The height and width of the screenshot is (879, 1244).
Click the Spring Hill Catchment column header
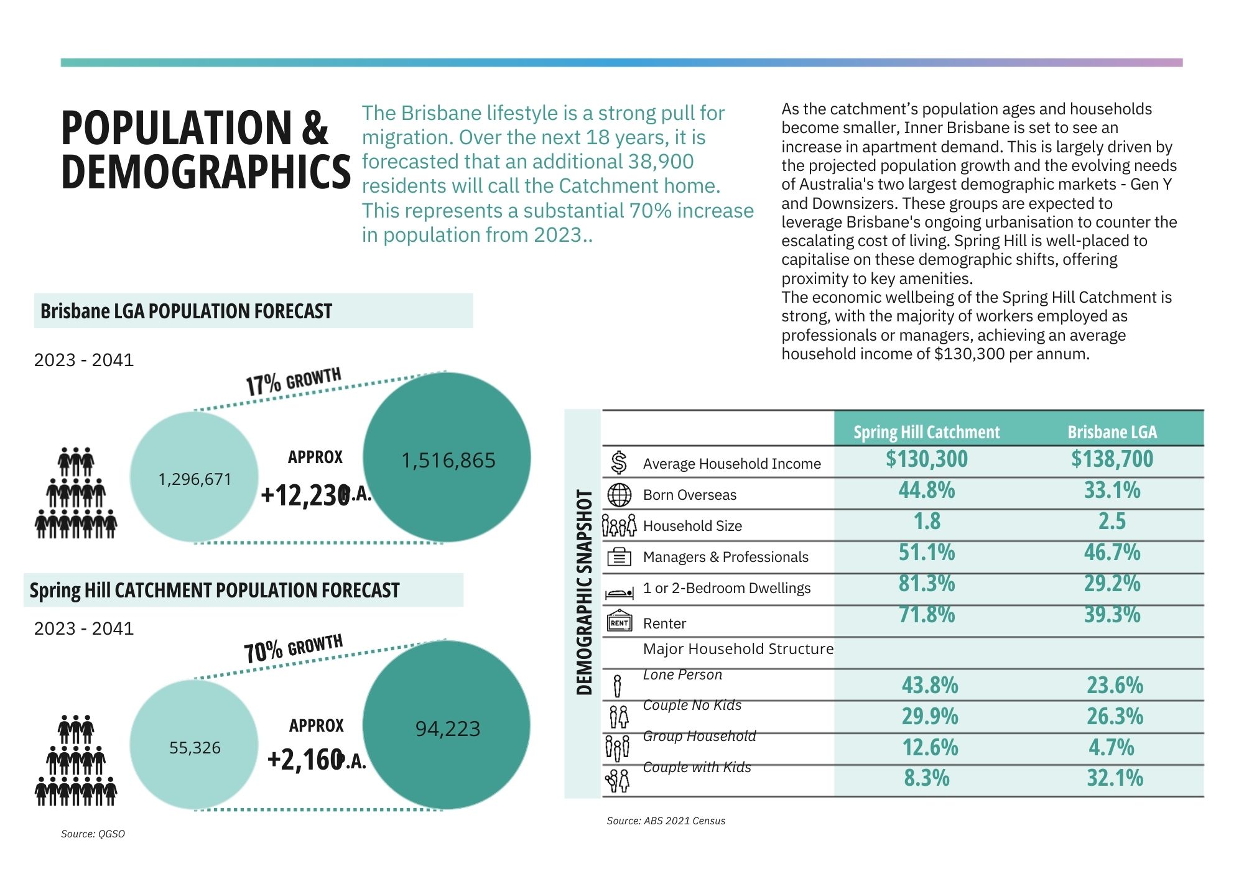pos(926,432)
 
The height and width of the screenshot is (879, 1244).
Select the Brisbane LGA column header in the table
pos(1112,432)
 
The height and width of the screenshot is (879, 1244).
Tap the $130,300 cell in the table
pos(927,459)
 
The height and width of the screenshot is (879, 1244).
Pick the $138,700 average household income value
pos(1112,459)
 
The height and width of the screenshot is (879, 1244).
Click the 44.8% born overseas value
pos(927,490)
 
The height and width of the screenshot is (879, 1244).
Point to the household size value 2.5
pos(1112,521)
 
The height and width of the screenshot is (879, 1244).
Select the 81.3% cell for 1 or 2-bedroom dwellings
pos(927,583)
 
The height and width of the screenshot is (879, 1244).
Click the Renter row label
pos(664,624)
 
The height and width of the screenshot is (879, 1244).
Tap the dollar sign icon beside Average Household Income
pos(619,463)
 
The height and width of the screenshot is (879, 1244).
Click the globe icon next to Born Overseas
pos(619,495)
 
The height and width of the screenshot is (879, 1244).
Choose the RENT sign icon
pos(619,622)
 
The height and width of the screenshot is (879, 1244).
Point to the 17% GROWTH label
pos(294,381)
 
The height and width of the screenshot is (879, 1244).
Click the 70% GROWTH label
pos(293,648)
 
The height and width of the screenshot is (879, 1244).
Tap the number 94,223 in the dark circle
pos(448,729)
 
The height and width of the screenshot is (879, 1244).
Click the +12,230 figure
pos(305,495)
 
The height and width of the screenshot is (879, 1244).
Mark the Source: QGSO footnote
pos(93,834)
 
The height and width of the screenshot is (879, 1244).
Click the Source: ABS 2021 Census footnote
pos(666,821)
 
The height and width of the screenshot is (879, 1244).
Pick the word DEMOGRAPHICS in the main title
pos(206,172)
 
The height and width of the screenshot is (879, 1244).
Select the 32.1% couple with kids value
pos(1115,778)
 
